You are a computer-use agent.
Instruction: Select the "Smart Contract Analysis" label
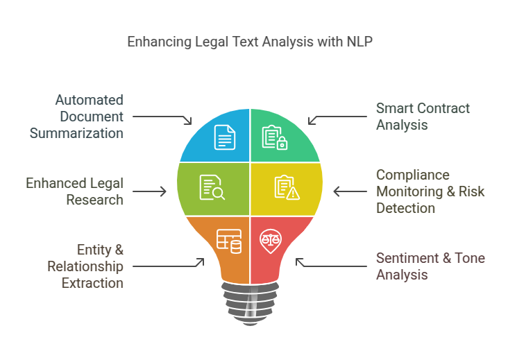(x=423, y=117)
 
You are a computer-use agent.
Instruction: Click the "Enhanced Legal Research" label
(x=74, y=191)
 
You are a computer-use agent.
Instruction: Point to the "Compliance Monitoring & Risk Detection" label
(x=430, y=191)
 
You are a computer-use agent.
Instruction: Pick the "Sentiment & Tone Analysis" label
(x=430, y=266)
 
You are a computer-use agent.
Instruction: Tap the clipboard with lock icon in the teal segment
(x=274, y=137)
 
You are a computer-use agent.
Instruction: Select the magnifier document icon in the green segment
(x=212, y=187)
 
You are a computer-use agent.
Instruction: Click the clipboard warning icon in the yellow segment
(x=287, y=187)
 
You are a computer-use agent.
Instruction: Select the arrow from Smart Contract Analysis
(x=337, y=119)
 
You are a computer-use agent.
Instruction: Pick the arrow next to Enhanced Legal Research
(x=149, y=191)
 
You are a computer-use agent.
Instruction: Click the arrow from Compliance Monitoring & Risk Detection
(x=350, y=191)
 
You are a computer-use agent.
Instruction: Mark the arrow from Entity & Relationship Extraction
(x=168, y=264)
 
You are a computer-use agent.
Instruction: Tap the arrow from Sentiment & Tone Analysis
(x=330, y=264)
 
